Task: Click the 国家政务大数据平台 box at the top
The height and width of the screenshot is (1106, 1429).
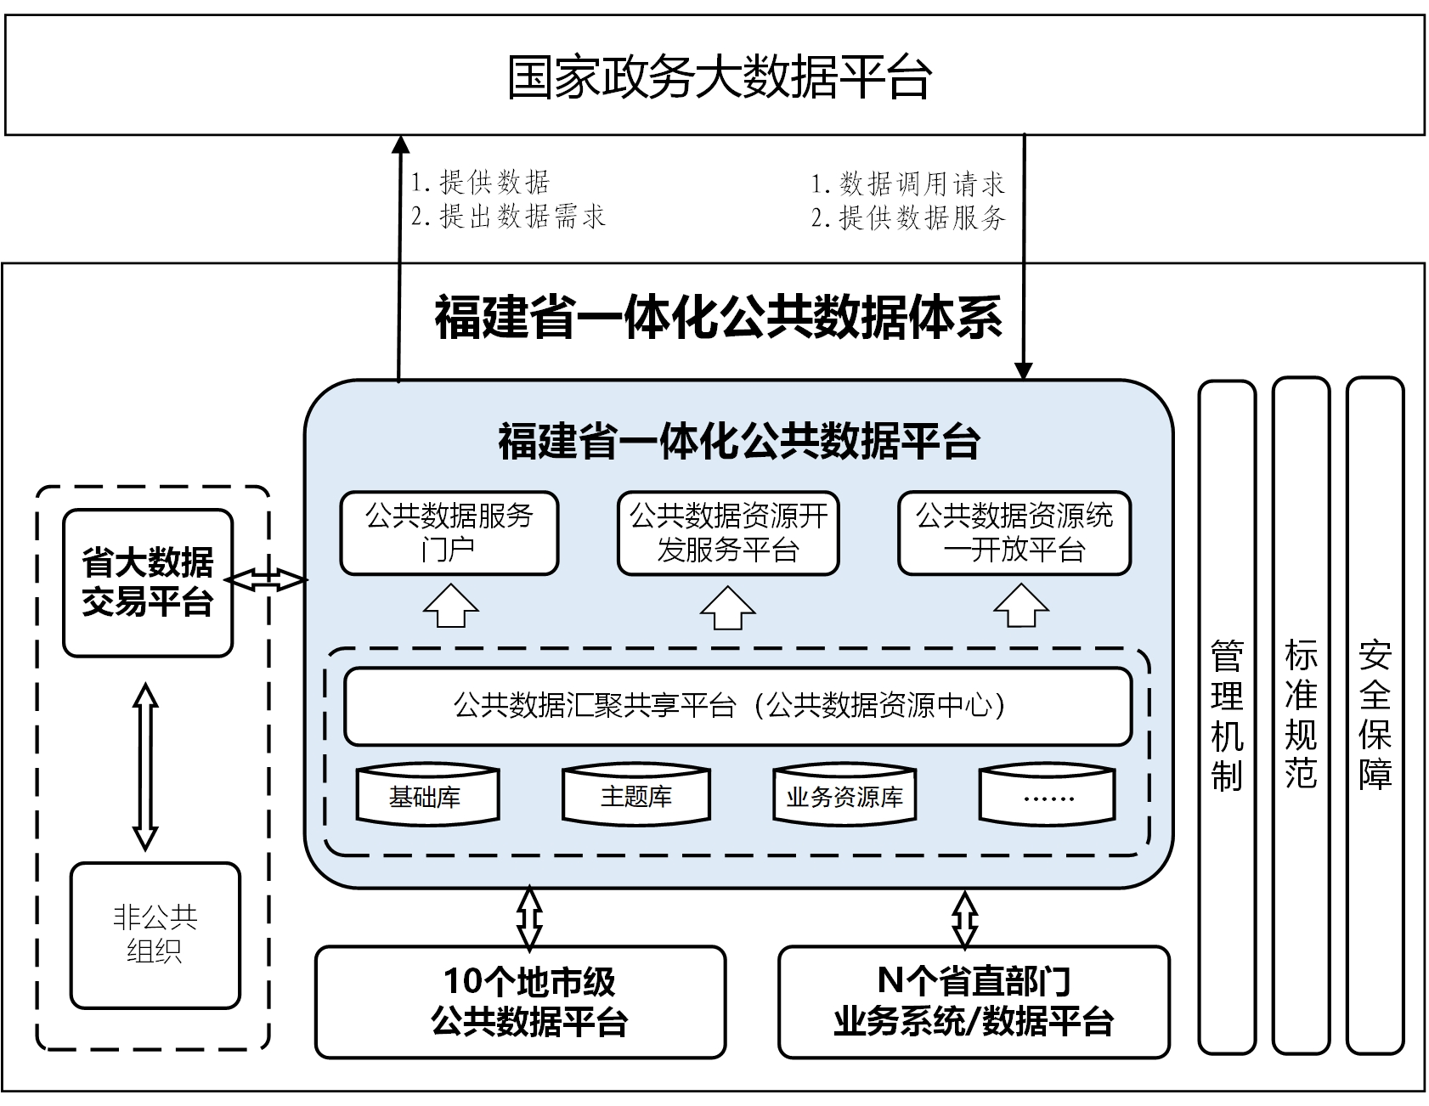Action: pos(714,75)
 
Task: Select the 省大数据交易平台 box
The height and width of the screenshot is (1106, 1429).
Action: pos(148,583)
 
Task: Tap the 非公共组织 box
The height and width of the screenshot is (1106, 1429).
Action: pos(155,935)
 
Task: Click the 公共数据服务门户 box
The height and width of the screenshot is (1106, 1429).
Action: pos(449,533)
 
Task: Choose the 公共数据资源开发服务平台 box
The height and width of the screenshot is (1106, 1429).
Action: pos(728,533)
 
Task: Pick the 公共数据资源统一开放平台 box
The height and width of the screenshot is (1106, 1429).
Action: pos(1014,533)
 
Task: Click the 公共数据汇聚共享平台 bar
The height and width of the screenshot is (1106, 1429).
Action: pos(737,706)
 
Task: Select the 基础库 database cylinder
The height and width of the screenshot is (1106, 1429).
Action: pos(426,794)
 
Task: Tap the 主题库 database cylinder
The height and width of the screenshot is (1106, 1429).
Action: pos(636,794)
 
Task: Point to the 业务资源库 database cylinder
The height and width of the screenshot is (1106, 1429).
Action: pos(844,794)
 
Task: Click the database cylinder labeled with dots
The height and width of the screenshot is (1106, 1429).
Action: pos(1048,794)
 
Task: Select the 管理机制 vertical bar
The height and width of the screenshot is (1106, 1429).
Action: pos(1227,717)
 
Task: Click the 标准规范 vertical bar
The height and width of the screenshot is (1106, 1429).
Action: pos(1301,717)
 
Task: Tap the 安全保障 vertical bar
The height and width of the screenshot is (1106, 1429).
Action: pos(1375,717)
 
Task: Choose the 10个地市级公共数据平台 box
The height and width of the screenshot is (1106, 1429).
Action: pos(521,1002)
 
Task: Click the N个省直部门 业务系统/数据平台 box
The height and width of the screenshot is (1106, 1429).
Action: pos(974,1002)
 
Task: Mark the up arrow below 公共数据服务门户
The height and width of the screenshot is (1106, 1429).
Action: pos(451,606)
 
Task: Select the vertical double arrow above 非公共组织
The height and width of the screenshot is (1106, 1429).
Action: pos(146,765)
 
